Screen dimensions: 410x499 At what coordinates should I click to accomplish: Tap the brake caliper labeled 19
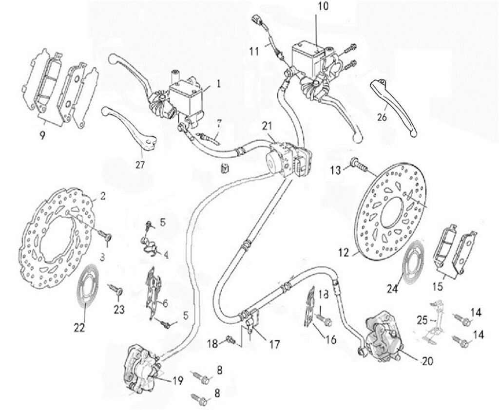pos(141,367)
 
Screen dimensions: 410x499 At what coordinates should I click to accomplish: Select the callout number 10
pos(324,7)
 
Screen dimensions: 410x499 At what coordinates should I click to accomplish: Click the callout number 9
pos(43,135)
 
